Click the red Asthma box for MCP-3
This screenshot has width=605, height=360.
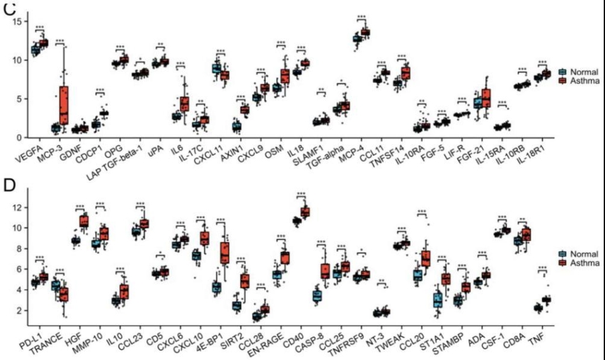tap(64, 104)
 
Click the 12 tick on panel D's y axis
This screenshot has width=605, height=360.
tap(18, 207)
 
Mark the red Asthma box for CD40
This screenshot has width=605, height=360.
tap(305, 211)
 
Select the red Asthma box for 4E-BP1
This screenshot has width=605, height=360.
tap(225, 253)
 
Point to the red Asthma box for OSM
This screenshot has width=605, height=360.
tap(285, 76)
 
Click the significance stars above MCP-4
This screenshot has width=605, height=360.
tap(361, 17)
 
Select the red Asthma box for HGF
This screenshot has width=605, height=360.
tap(83, 221)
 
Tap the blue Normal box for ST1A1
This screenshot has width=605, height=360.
tap(437, 300)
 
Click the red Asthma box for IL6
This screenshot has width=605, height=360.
tap(184, 103)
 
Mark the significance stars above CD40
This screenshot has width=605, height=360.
tap(301, 194)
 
